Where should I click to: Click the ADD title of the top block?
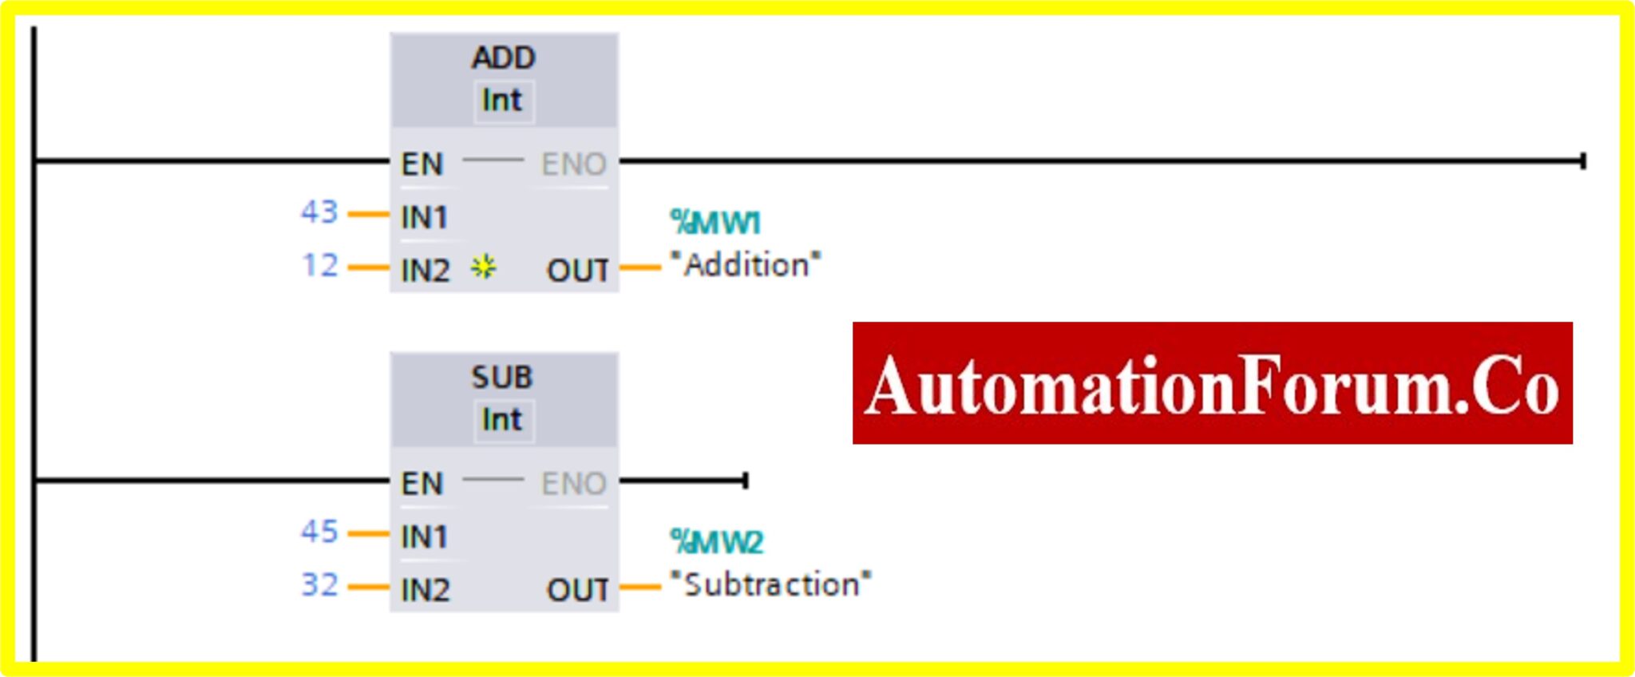pyautogui.click(x=503, y=58)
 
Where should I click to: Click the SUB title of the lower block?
pyautogui.click(x=501, y=378)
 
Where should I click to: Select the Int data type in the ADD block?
pyautogui.click(x=502, y=101)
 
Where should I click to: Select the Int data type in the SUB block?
pyautogui.click(x=502, y=420)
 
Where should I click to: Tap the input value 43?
pyautogui.click(x=319, y=212)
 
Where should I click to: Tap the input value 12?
pyautogui.click(x=320, y=265)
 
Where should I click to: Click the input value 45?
pyautogui.click(x=319, y=532)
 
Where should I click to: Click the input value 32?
pyautogui.click(x=319, y=584)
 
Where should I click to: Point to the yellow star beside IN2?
pyautogui.click(x=483, y=267)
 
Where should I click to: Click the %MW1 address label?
pyautogui.click(x=715, y=223)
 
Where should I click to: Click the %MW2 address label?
pyautogui.click(x=717, y=542)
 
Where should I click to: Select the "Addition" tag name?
pyautogui.click(x=746, y=265)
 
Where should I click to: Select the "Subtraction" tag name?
pyautogui.click(x=770, y=584)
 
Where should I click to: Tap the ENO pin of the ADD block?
pyautogui.click(x=573, y=164)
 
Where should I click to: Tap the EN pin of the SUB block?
pyautogui.click(x=422, y=484)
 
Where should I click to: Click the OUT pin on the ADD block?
pyautogui.click(x=577, y=271)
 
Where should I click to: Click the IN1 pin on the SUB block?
pyautogui.click(x=424, y=536)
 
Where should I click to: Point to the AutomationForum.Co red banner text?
pyautogui.click(x=1212, y=385)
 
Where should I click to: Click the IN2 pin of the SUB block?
pyautogui.click(x=425, y=590)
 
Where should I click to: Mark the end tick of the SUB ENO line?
pyautogui.click(x=745, y=481)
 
